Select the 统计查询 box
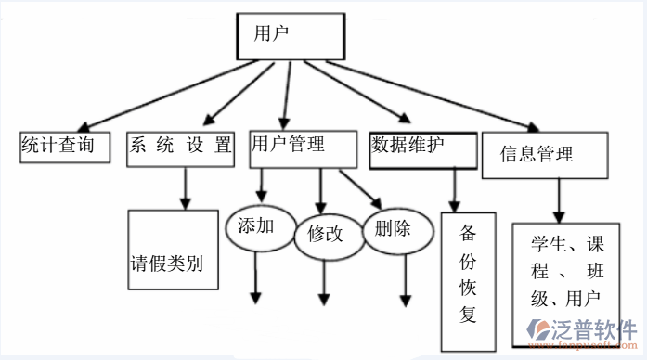[x=62, y=146]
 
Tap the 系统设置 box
[x=180, y=148]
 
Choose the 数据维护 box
[x=422, y=148]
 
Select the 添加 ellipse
[x=257, y=227]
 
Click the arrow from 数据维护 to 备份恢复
[x=453, y=190]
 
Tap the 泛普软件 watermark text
[x=596, y=332]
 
